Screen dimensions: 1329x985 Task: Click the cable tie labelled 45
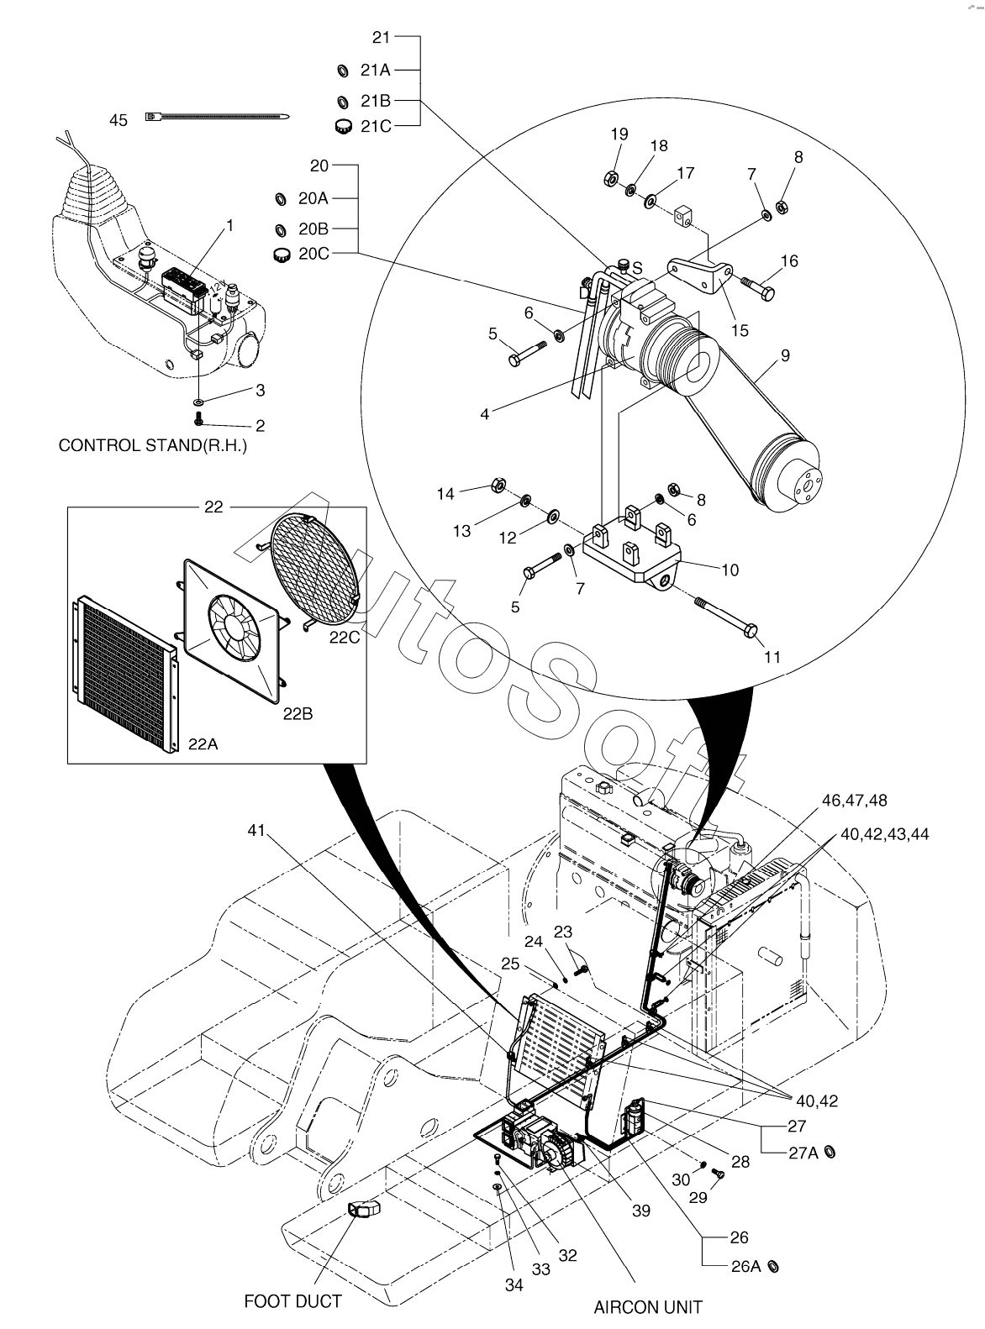[x=219, y=117]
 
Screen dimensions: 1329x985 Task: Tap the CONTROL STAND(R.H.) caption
[x=152, y=445]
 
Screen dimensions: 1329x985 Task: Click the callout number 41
[x=255, y=831]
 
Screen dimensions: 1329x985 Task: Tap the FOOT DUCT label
[x=292, y=1301]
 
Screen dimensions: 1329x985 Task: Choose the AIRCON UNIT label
[x=648, y=1307]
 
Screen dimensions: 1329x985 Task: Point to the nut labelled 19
[x=612, y=177]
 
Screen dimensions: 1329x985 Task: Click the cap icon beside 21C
[x=342, y=127]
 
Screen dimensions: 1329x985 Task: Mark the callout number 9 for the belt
[x=785, y=355]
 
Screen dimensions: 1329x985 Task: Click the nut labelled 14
[x=497, y=485]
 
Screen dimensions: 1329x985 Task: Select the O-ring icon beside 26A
[x=773, y=1266]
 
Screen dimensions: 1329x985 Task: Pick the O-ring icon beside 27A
[x=830, y=1153]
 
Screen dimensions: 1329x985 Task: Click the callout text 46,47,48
[x=854, y=800]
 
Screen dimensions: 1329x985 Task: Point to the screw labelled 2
[x=200, y=418]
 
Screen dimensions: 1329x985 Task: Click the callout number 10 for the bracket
[x=730, y=570]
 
